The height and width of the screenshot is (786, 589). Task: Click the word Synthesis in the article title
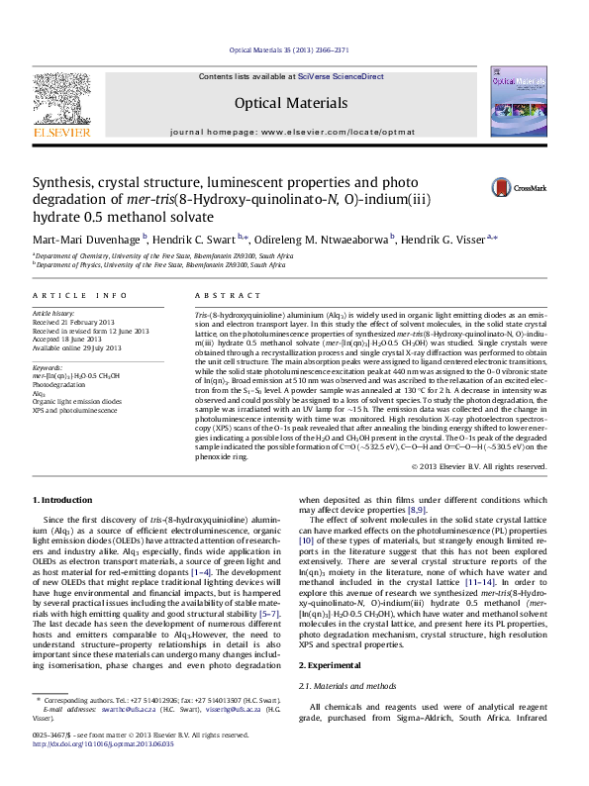62,183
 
